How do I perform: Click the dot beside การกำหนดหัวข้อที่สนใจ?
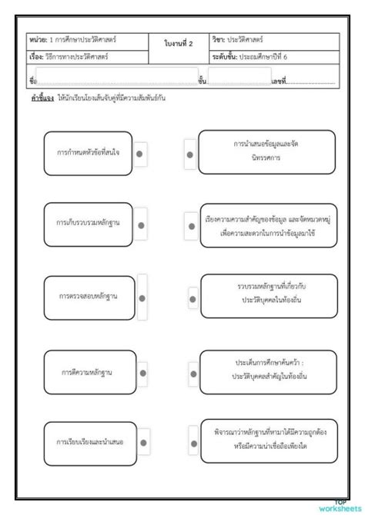click(x=140, y=154)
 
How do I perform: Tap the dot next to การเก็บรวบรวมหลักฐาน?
click(x=140, y=224)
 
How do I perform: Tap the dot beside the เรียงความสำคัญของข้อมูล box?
click(x=190, y=226)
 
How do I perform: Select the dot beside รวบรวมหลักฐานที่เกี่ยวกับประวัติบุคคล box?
click(x=193, y=297)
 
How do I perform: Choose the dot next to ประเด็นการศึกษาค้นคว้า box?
click(x=193, y=370)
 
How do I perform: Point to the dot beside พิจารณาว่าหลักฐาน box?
click(x=193, y=442)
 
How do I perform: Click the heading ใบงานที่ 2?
click(x=179, y=44)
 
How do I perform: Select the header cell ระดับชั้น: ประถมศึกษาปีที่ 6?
click(x=273, y=57)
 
